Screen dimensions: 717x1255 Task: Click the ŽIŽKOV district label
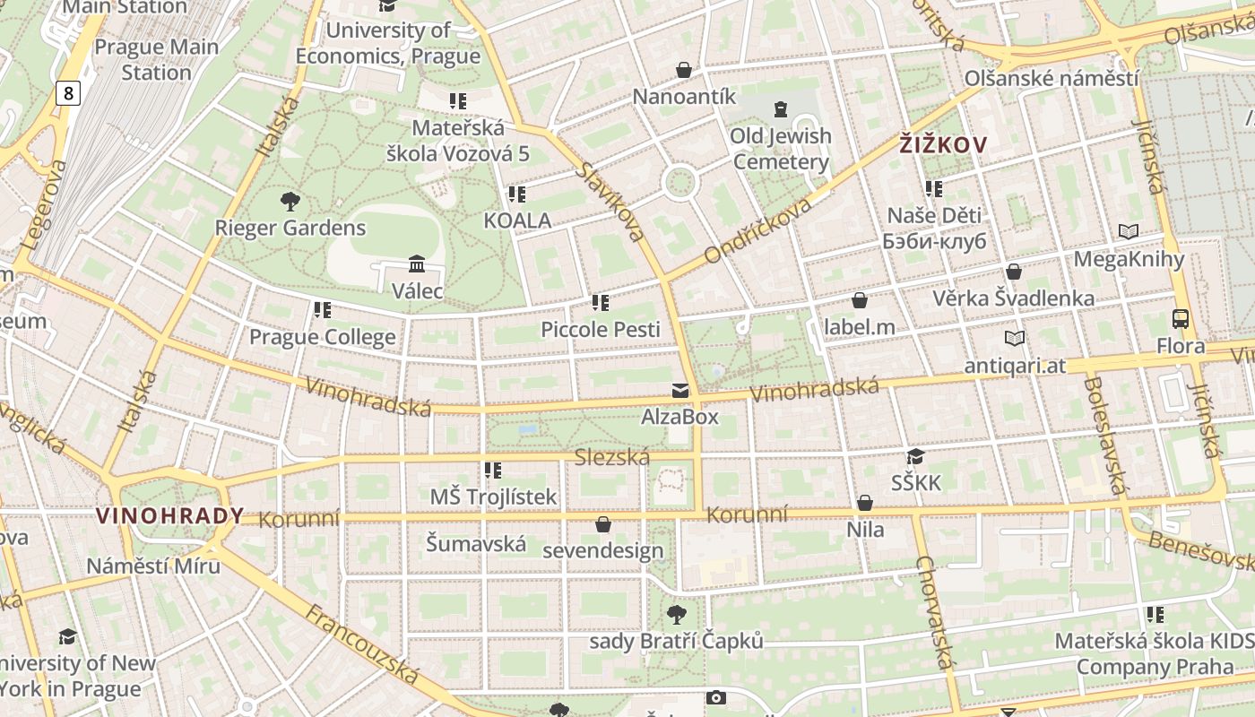point(944,144)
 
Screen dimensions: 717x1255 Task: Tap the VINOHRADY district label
point(169,515)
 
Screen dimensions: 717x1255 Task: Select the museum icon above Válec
point(417,264)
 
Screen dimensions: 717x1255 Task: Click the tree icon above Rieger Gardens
point(290,201)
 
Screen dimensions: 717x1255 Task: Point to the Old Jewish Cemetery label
point(780,149)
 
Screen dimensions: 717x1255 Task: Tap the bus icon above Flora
point(1181,318)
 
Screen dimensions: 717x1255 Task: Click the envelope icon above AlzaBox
point(680,391)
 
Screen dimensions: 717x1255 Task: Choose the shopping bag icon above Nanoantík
point(684,70)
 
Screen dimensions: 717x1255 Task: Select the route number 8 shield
point(68,91)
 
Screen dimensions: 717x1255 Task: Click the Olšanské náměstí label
point(1052,78)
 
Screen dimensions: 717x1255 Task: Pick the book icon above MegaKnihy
point(1129,232)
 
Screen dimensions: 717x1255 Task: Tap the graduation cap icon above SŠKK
point(915,457)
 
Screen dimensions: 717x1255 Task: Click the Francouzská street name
point(362,644)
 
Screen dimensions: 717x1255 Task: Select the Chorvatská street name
point(933,612)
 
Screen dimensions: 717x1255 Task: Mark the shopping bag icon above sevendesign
point(603,524)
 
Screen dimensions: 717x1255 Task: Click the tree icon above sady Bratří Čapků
point(676,615)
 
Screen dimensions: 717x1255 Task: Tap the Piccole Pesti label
point(600,329)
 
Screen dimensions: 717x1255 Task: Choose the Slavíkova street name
point(610,202)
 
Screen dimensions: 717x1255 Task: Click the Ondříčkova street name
point(757,230)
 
